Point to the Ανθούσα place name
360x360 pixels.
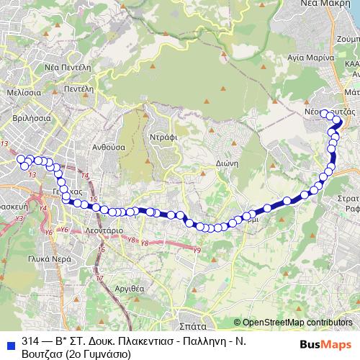pyautogui.click(x=109, y=145)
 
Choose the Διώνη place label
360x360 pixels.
pyautogui.click(x=226, y=163)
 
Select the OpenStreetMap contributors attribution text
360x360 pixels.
pyautogui.click(x=297, y=322)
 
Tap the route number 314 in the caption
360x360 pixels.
pyautogui.click(x=30, y=341)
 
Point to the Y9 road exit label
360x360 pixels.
pyautogui.click(x=197, y=249)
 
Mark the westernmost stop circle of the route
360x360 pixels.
pyautogui.click(x=21, y=158)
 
